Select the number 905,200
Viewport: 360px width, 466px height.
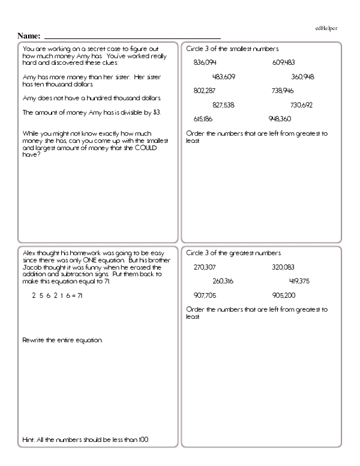point(283,295)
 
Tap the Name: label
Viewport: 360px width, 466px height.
point(29,36)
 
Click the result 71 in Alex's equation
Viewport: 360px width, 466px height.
point(82,295)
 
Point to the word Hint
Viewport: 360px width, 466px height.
point(26,440)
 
